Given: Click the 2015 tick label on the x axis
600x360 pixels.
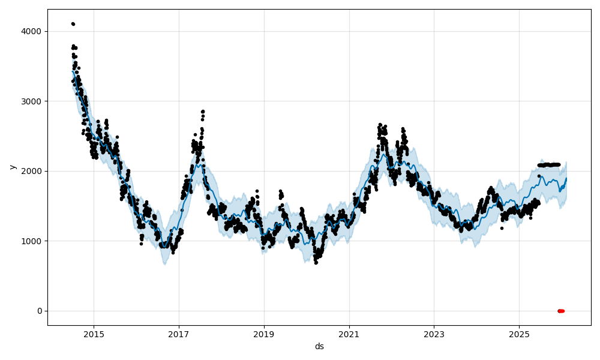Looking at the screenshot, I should coord(94,334).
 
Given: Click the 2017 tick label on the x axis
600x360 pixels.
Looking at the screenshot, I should coord(179,334).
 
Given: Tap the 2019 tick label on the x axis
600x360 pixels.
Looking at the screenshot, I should coord(264,334).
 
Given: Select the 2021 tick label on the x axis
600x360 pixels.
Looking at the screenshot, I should coord(349,334).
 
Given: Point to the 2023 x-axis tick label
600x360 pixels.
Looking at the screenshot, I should coord(434,334).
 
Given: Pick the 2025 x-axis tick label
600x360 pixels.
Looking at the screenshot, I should coord(520,334).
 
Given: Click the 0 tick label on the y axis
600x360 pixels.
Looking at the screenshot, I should coord(40,311).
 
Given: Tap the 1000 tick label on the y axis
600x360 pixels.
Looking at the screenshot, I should coord(32,241).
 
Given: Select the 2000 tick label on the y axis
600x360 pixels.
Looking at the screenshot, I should coord(32,171).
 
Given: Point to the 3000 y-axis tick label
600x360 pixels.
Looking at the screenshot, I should coord(32,101).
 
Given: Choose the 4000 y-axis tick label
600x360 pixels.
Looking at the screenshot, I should coord(32,31).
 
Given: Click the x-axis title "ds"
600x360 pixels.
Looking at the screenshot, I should coord(319,346).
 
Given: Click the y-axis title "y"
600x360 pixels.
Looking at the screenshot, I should coord(12,167).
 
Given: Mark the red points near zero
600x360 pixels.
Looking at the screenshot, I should coord(561,311).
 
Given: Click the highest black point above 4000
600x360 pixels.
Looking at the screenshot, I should coord(73,24).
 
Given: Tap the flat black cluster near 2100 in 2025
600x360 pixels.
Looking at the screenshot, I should coord(549,164).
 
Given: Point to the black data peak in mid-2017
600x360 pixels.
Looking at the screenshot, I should coord(203,112).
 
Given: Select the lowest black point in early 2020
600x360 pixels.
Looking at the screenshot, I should coord(316,263).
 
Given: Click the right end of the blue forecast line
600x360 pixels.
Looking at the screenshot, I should coord(566,178).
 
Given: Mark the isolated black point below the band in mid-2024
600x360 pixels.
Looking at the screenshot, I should coord(502,228).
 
